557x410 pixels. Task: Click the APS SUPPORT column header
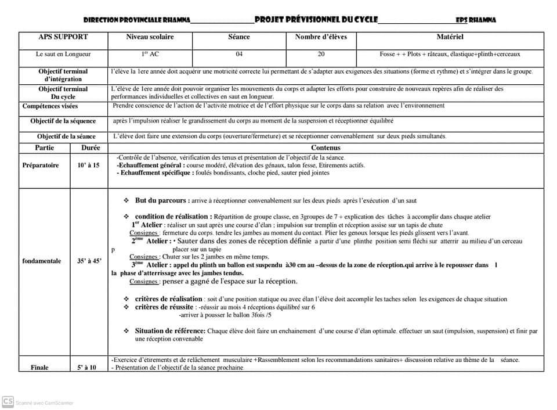(63, 37)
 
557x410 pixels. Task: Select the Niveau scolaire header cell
(150, 37)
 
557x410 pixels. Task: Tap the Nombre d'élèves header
(321, 37)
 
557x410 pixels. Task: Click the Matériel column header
(450, 37)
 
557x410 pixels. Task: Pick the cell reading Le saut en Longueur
(63, 55)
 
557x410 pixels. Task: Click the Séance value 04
(239, 55)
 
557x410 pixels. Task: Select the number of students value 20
(321, 55)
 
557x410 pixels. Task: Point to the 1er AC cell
(150, 55)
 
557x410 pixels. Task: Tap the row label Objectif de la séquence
(63, 121)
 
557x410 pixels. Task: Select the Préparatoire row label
(41, 166)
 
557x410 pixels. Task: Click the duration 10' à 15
(88, 166)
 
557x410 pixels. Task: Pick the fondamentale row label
(41, 261)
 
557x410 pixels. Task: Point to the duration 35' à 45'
(89, 261)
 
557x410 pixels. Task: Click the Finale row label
(39, 368)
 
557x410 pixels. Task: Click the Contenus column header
(325, 148)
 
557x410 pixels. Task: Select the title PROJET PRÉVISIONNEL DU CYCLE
(316, 20)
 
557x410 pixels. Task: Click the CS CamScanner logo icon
(8, 401)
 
